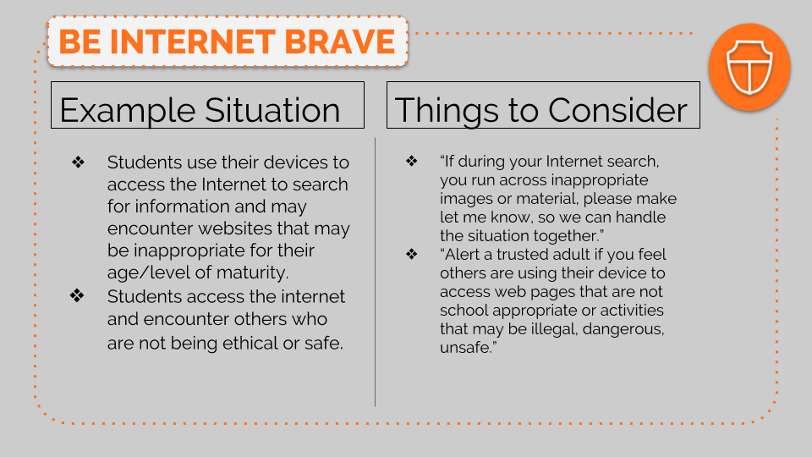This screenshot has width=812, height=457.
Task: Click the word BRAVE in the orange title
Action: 340,41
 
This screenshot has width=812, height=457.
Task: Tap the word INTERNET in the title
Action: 193,41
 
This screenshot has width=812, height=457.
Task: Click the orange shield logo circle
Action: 749,68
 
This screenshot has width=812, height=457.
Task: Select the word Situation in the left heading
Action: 272,110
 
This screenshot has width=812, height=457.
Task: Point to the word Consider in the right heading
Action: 617,110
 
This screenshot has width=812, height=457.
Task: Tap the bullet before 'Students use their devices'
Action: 78,162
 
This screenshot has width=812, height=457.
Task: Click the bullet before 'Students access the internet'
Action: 77,296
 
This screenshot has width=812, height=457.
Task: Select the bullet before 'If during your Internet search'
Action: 412,161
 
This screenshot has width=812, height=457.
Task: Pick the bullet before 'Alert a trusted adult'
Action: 412,254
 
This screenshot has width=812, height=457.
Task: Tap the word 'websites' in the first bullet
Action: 235,228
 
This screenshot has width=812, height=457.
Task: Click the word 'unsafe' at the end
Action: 468,348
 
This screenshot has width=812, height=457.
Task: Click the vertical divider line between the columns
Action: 375,272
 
